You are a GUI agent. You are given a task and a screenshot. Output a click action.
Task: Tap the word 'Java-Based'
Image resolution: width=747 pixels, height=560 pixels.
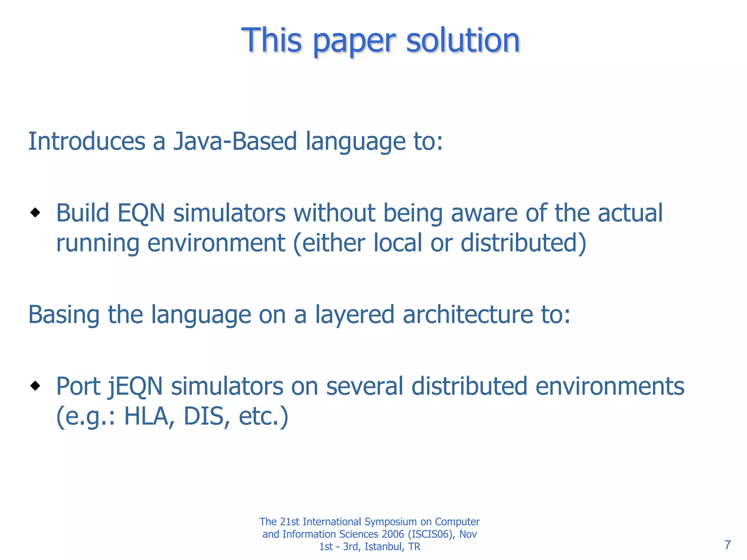coord(235,141)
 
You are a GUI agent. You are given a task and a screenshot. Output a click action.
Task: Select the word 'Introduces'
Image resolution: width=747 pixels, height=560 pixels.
coord(87,141)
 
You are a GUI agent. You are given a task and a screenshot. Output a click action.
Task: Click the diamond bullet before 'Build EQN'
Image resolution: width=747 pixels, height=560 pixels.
coord(35,212)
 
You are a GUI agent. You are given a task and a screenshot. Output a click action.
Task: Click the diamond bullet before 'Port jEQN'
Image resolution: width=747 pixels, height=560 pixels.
coord(35,385)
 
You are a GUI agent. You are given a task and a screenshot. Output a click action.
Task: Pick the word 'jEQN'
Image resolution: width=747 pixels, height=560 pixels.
coord(136,386)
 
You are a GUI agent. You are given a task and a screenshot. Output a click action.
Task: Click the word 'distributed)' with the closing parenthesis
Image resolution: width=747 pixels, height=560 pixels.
coord(523,243)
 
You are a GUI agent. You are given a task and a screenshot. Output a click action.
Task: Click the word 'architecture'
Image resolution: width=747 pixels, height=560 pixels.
coord(468,315)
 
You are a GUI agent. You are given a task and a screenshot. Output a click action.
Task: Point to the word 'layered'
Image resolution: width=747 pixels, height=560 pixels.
coord(355,315)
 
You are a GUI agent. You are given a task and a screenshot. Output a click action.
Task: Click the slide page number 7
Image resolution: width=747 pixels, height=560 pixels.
coord(728,545)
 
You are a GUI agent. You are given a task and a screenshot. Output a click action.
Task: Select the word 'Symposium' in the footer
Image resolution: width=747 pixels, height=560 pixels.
coord(391,522)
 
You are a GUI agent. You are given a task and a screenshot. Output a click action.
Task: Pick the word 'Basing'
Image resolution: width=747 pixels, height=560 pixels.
coord(64,315)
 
